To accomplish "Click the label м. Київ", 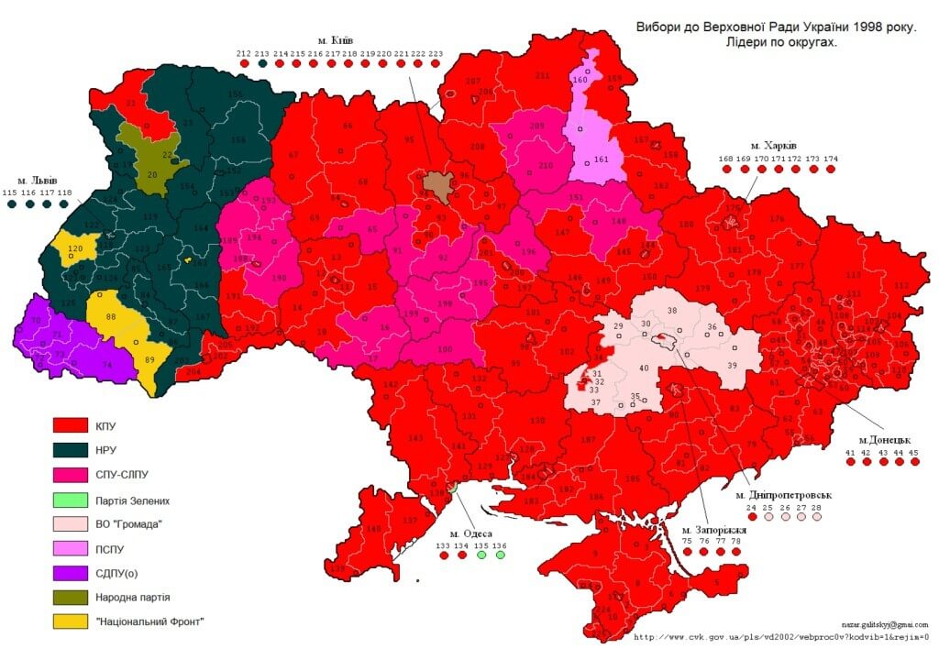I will pos(336,40).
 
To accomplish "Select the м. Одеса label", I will pos(470,533).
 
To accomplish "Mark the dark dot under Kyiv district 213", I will pos(262,66).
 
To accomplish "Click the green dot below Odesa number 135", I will pos(481,555).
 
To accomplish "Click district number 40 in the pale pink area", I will pos(644,368).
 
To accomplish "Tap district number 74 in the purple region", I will pos(106,364).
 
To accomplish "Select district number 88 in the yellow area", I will pos(111,316).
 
